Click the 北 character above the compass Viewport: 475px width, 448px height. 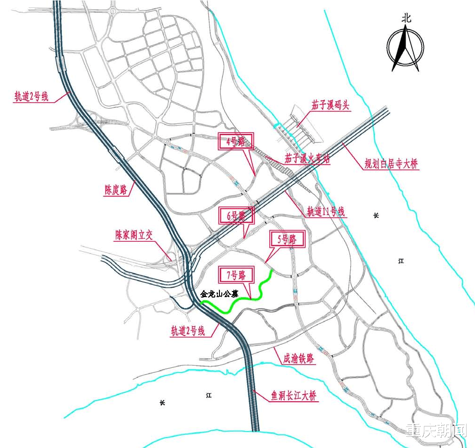tap(406, 18)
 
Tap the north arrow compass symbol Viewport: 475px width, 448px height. tap(405, 48)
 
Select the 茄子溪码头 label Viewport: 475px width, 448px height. tap(330, 105)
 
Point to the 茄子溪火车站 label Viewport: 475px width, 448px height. tap(307, 159)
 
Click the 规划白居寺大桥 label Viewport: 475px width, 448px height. tap(392, 164)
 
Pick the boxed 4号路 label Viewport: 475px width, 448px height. tap(235, 142)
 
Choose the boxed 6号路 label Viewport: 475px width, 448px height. tap(236, 216)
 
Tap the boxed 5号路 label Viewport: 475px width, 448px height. tap(287, 239)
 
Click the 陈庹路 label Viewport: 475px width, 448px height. tap(116, 190)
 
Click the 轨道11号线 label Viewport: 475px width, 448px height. tap(326, 212)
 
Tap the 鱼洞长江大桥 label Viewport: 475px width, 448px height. tap(294, 396)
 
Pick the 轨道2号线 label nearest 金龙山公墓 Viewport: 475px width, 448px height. tap(188, 331)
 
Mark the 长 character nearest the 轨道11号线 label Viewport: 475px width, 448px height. tap(376, 216)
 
